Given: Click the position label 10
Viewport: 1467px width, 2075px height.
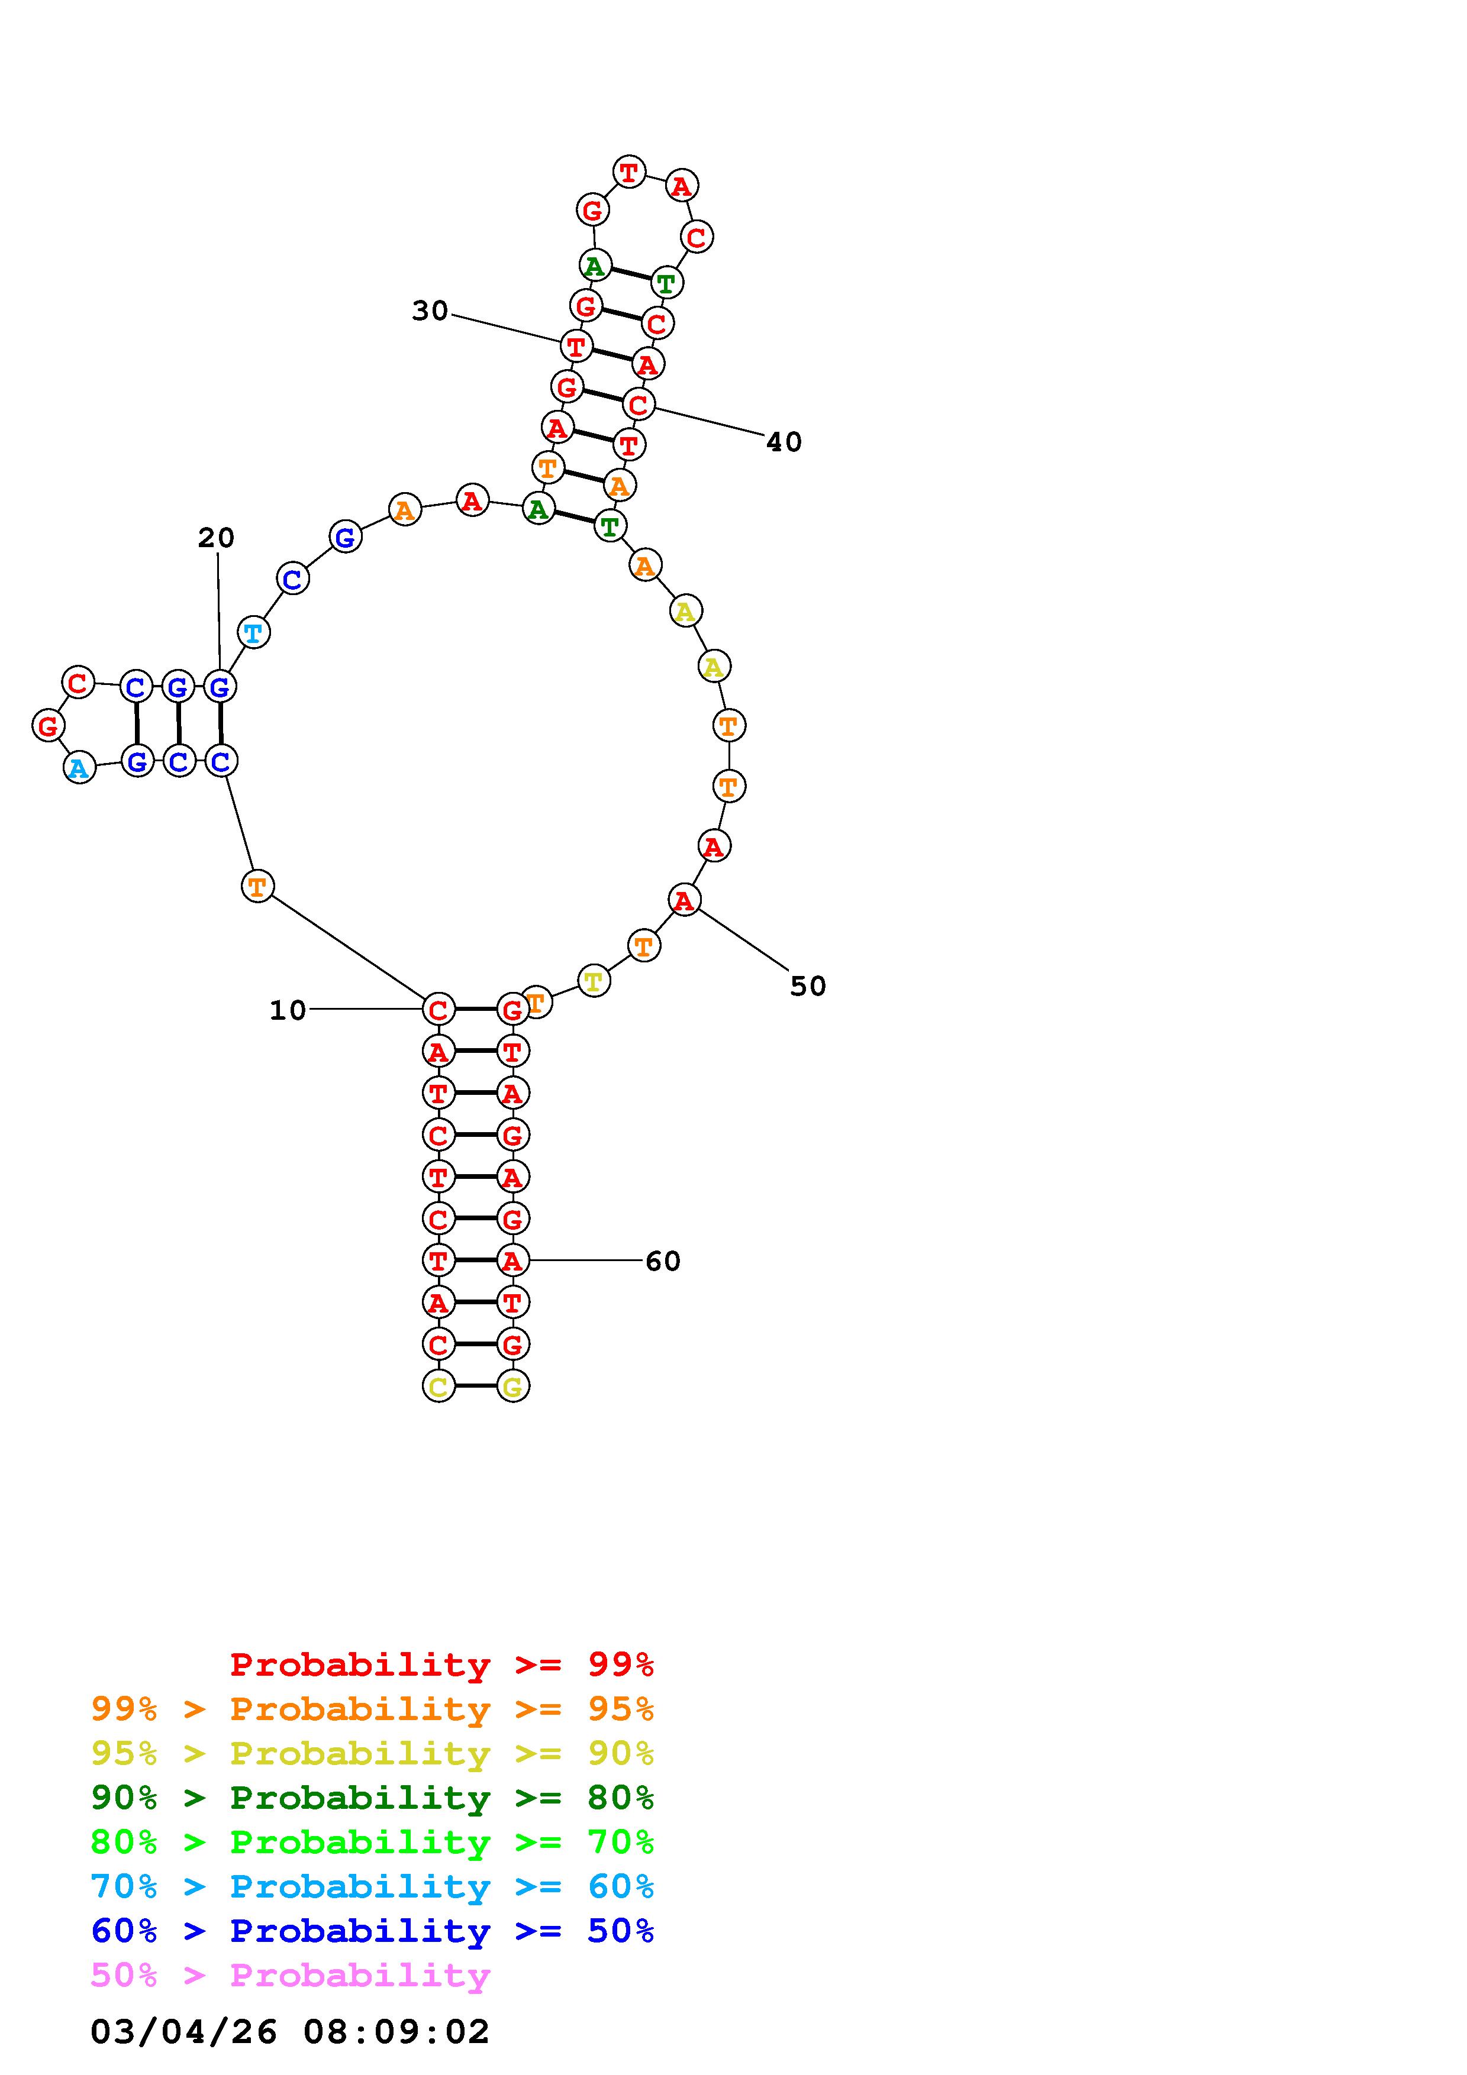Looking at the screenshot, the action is [288, 1010].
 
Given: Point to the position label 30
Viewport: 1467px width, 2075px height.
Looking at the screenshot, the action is [430, 311].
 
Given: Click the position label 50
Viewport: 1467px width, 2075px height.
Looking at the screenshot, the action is [808, 986].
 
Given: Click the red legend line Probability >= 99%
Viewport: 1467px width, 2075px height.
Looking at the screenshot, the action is [442, 1664].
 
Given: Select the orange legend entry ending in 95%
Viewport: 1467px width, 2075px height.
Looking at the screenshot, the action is [372, 1709].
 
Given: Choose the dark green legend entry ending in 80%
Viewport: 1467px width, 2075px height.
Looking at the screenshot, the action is [372, 1798].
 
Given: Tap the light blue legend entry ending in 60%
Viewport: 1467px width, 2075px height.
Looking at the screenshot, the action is [372, 1886].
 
